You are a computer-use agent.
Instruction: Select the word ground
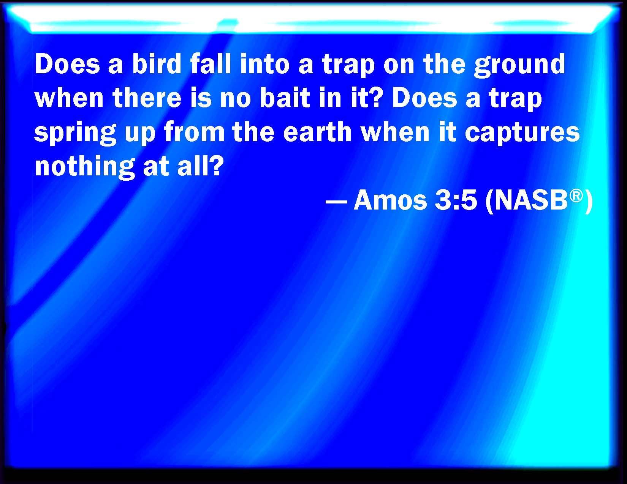click(x=520, y=66)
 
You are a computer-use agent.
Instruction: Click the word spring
click(x=75, y=134)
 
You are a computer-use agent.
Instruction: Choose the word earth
click(x=317, y=131)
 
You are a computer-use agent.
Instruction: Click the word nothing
click(x=85, y=167)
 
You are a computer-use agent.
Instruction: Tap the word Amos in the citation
click(x=390, y=200)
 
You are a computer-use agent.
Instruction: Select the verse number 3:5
click(x=456, y=200)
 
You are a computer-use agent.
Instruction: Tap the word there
click(x=147, y=98)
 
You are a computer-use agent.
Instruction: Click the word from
click(x=194, y=131)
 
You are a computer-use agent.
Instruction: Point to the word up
click(x=140, y=134)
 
